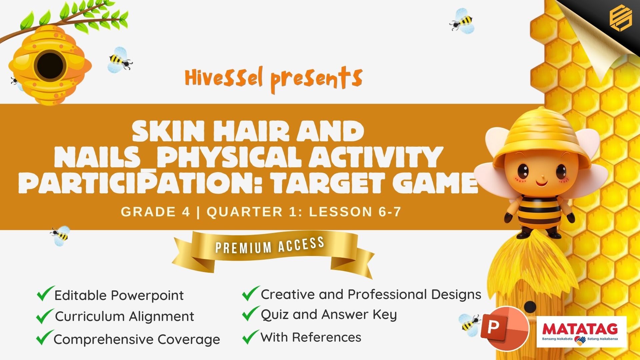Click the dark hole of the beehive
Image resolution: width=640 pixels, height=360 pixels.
coord(50,65)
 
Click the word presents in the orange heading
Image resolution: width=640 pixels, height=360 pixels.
coord(316,80)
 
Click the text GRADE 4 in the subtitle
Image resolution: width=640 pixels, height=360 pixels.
coord(156,212)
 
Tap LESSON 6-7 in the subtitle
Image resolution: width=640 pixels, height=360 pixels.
coord(355,212)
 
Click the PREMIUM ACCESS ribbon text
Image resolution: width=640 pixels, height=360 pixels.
coord(270,245)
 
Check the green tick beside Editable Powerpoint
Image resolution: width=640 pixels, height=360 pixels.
coord(45,293)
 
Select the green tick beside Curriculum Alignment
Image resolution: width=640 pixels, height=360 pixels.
coord(45,316)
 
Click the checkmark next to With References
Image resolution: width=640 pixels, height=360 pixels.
coord(250,337)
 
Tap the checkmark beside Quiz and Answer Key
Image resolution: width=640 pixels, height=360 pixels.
coord(251,314)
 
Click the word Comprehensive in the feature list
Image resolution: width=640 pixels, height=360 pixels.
coord(104,340)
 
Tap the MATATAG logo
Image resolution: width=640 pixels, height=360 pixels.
coord(581,332)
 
